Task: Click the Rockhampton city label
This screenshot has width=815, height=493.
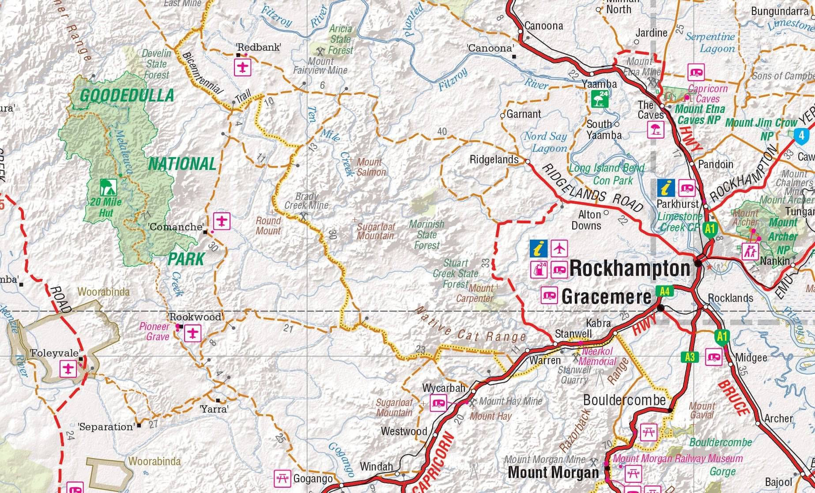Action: tap(630, 268)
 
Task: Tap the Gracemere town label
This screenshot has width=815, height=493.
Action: tap(606, 297)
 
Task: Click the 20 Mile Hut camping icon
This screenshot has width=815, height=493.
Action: tap(106, 187)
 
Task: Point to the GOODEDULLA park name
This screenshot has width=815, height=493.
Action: tap(127, 96)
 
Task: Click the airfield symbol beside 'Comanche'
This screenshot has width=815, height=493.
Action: tap(222, 220)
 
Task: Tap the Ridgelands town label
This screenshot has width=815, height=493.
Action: tap(494, 160)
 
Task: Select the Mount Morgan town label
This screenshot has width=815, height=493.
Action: tap(553, 472)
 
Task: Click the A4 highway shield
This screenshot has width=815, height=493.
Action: tap(665, 291)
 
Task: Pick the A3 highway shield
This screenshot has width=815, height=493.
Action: tap(690, 357)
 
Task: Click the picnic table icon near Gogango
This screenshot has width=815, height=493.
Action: tap(282, 478)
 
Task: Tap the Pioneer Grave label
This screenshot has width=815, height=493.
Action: tap(155, 331)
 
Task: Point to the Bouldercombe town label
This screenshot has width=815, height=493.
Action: tap(624, 400)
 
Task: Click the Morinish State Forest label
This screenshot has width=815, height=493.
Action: tap(426, 235)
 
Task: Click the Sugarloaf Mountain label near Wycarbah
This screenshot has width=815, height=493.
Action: tap(394, 407)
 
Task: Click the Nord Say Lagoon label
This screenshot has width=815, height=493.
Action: tap(545, 142)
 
